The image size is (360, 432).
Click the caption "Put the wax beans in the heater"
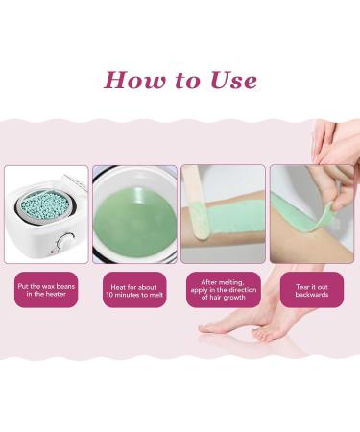click(x=46, y=289)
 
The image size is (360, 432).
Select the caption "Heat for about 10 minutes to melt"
click(x=134, y=289)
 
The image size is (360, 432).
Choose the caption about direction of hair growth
click(x=223, y=289)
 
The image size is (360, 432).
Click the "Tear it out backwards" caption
click(x=311, y=289)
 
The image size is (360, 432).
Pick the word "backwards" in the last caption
click(x=311, y=295)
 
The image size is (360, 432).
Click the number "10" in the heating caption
click(x=114, y=295)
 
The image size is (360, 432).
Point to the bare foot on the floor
click(x=235, y=327)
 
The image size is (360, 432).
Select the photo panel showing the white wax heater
click(x=46, y=213)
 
